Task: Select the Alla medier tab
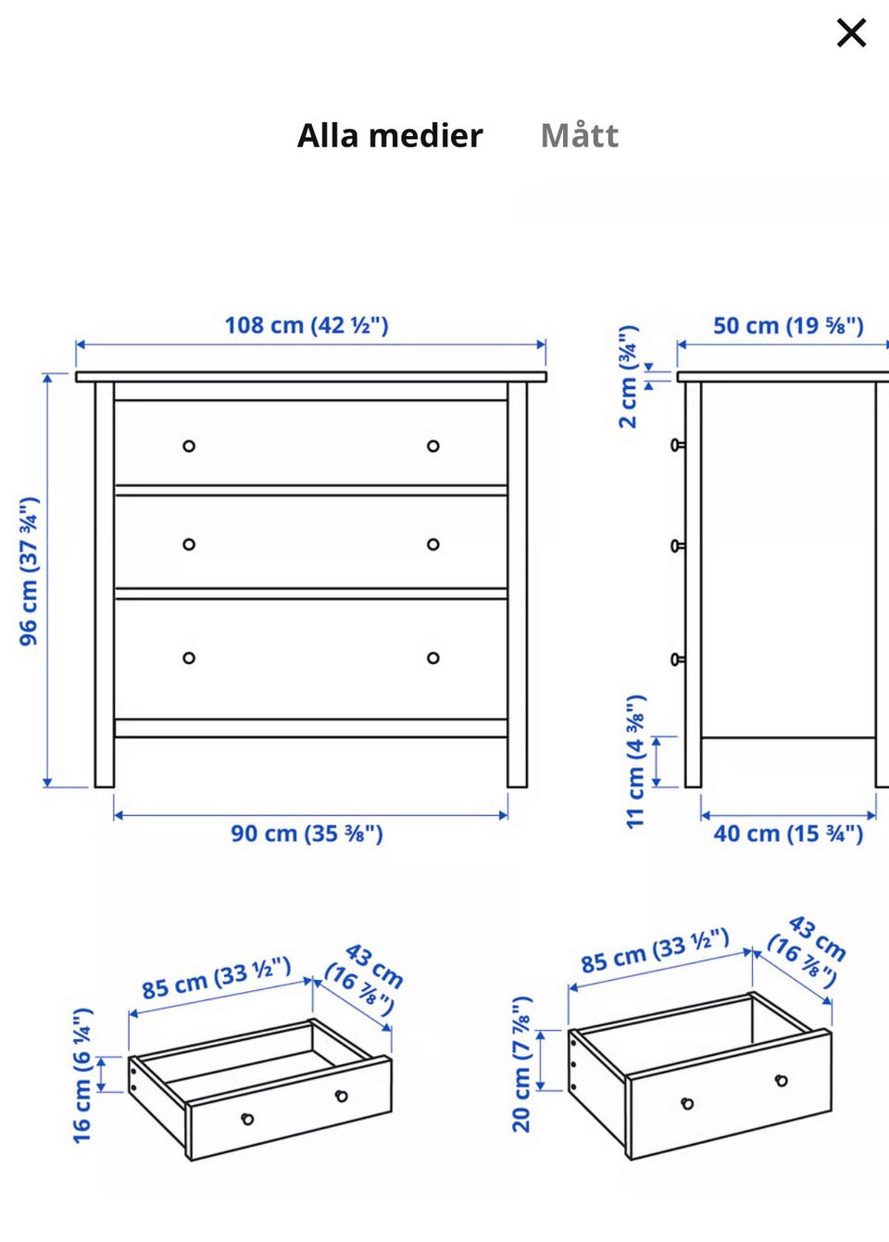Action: pos(390,135)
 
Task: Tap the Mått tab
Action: pos(579,135)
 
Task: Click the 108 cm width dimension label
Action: pos(307,325)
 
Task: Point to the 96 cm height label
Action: pos(29,571)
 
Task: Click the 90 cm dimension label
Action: pos(307,834)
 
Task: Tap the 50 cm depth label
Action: pos(788,325)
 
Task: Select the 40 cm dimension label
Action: pos(788,834)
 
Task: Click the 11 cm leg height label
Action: pos(635,761)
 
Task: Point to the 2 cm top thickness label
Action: pos(629,376)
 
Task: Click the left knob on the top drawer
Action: pos(189,445)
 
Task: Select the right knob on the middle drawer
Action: pos(433,545)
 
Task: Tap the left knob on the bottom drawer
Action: pos(189,659)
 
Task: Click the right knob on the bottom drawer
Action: pos(433,659)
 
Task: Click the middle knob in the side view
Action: pos(677,546)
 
